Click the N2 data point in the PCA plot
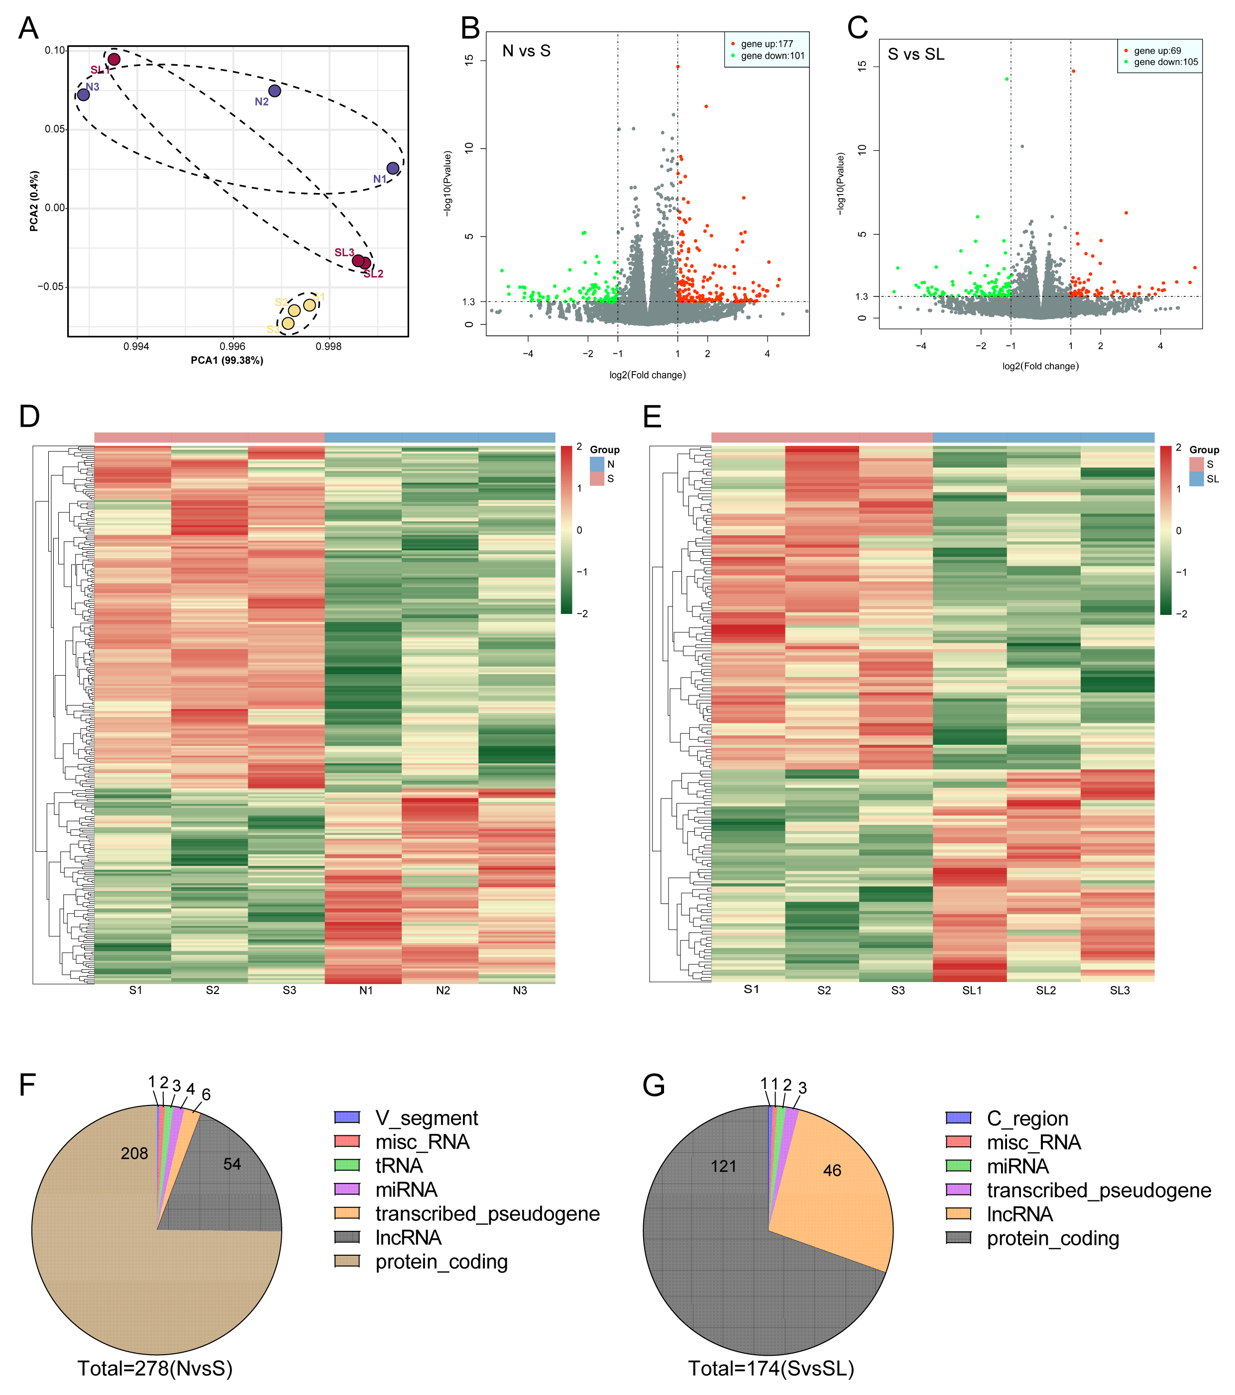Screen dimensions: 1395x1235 274,91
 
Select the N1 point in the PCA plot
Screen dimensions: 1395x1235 393,168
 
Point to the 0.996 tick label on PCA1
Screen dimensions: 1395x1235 233,346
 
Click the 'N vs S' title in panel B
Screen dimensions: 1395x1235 526,51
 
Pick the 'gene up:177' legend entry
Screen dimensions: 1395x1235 767,44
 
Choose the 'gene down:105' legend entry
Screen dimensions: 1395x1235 1165,62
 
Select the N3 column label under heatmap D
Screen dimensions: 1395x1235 520,991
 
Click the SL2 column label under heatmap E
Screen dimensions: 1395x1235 1045,991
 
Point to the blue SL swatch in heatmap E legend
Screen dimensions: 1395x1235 1196,479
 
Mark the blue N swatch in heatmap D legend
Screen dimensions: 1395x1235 597,464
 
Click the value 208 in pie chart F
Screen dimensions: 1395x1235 134,1153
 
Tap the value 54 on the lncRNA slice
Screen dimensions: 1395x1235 232,1164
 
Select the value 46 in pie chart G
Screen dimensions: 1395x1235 832,1171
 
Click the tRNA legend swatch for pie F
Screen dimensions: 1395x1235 347,1165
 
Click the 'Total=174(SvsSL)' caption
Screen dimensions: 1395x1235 771,1368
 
